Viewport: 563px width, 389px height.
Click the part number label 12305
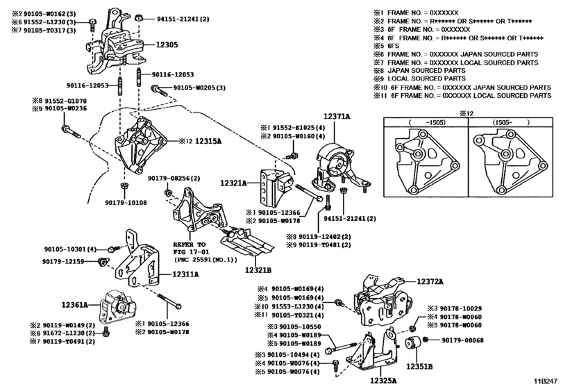point(167,45)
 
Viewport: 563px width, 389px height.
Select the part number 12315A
point(208,141)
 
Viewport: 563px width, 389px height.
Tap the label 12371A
point(337,116)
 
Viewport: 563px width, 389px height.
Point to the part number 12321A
point(233,183)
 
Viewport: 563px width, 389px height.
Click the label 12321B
point(258,270)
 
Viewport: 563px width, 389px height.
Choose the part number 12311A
point(185,274)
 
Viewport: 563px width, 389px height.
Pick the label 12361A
point(75,305)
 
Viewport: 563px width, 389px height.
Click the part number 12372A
point(430,281)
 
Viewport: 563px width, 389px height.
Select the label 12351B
point(419,367)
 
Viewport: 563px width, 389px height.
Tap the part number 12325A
point(383,381)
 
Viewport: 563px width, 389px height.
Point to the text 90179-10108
point(126,203)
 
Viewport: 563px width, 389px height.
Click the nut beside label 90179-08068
point(426,339)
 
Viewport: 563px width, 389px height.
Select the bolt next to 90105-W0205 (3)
point(159,90)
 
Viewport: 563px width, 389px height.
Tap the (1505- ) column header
point(510,122)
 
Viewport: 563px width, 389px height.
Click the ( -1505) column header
point(426,122)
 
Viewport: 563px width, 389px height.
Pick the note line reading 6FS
point(394,46)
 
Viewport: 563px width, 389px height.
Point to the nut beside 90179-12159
point(102,262)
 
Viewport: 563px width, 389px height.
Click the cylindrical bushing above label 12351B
point(413,343)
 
